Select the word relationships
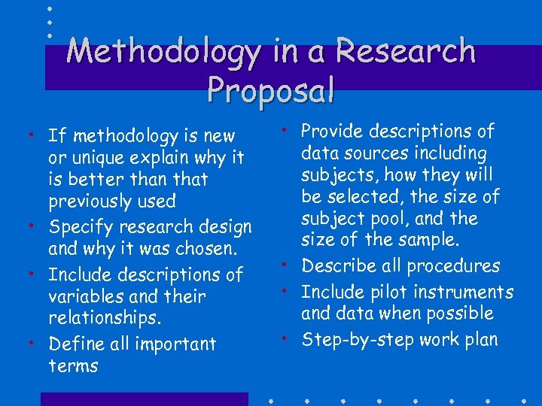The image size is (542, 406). [x=105, y=318]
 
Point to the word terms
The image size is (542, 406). [x=73, y=365]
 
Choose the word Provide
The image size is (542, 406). [x=332, y=131]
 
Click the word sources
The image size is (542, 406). [x=396, y=153]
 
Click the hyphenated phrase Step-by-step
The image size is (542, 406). [x=354, y=339]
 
